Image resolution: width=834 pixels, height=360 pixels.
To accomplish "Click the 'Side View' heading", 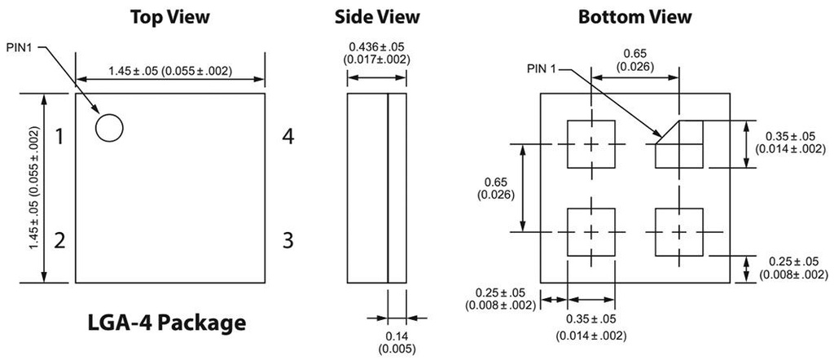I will click(377, 16).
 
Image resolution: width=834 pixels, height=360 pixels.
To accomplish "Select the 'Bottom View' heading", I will click(635, 16).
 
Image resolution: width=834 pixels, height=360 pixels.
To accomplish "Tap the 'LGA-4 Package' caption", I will click(166, 323).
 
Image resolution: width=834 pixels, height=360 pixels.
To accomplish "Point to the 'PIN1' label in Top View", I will click(21, 49).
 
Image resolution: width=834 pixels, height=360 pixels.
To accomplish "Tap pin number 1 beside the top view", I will click(59, 137).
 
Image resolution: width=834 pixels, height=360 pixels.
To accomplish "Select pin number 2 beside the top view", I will click(59, 240).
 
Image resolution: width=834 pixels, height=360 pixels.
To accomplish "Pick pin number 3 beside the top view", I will click(287, 240).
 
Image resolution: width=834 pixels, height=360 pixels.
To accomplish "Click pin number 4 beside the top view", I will click(287, 137).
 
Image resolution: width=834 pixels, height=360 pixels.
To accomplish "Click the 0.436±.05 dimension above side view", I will click(376, 53).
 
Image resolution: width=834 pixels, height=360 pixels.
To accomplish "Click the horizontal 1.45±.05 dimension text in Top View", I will click(170, 71).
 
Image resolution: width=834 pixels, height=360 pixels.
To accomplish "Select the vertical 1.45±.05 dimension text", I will click(33, 188).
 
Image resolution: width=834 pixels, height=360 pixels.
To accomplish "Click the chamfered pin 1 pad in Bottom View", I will click(679, 144).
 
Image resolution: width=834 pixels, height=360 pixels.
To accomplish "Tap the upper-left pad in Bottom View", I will click(590, 144).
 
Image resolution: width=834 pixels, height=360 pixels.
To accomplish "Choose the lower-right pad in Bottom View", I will click(679, 232).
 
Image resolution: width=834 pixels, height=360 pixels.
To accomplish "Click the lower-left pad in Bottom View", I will click(590, 232).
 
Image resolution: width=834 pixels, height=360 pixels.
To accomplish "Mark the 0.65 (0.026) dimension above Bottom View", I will click(634, 59).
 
